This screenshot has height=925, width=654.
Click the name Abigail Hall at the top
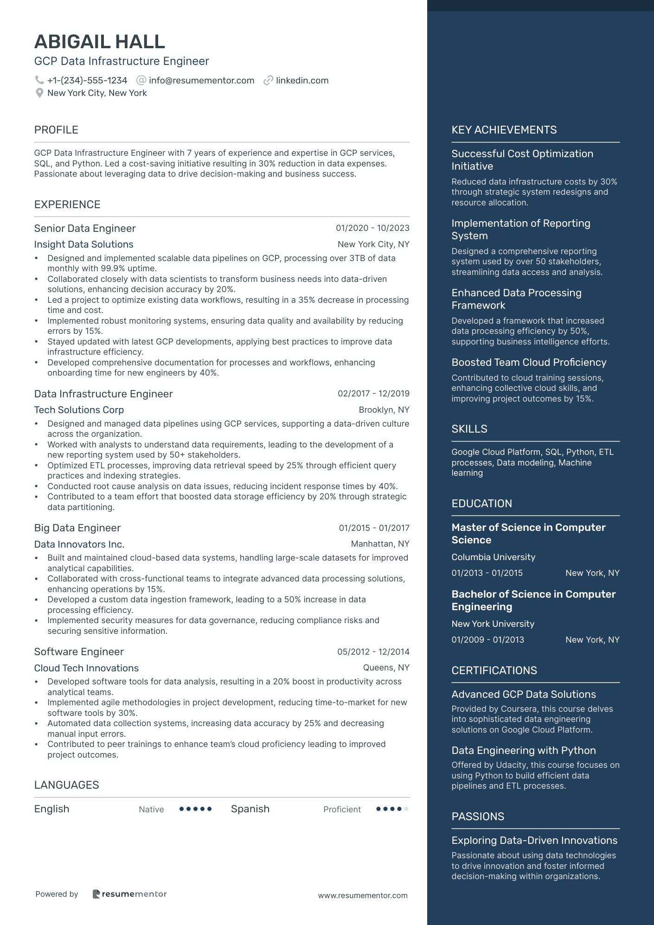(100, 42)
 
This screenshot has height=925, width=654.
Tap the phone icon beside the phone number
(39, 80)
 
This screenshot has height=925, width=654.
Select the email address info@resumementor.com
(201, 80)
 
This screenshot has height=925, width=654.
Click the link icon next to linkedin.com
(268, 80)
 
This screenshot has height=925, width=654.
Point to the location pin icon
(39, 93)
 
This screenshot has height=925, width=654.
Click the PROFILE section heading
(56, 130)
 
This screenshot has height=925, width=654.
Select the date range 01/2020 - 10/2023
(372, 228)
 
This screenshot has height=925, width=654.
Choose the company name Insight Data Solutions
(83, 244)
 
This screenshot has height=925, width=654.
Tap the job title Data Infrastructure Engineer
(103, 394)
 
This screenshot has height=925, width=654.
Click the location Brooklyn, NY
(384, 410)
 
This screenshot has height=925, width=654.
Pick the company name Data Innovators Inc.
(79, 544)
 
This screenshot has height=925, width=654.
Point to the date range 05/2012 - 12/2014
(373, 652)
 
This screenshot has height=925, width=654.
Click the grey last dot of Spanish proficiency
(406, 809)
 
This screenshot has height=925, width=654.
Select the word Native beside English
(151, 810)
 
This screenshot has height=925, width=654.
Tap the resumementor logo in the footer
(129, 894)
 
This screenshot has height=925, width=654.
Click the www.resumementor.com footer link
(362, 895)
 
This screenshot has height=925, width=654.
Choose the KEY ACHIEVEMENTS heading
(504, 130)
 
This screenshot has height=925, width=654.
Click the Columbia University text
(493, 557)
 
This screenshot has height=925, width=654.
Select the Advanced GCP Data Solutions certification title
(523, 694)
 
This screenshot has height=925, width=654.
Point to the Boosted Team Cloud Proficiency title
(529, 362)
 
